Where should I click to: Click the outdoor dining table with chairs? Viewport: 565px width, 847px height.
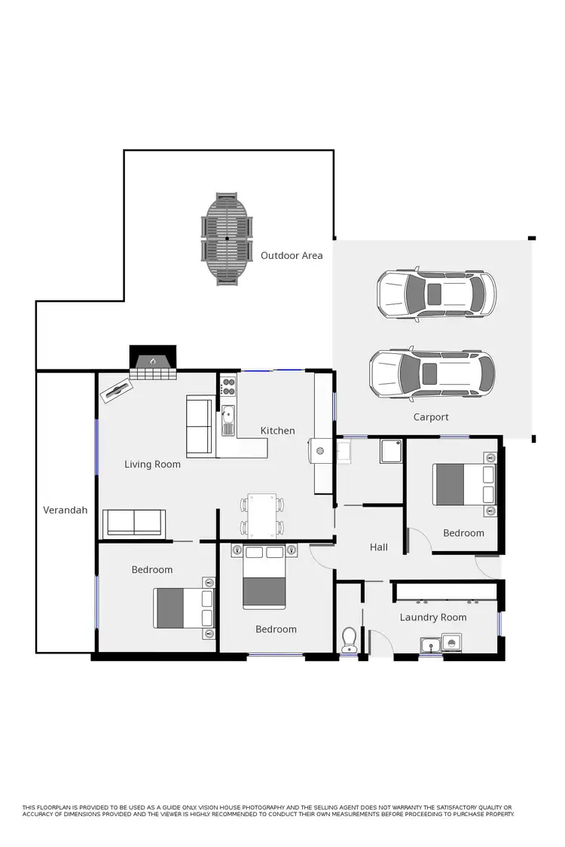coord(228,239)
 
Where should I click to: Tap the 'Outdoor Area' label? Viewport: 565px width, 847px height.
coord(292,256)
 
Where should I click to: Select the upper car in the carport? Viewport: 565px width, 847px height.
coord(436,294)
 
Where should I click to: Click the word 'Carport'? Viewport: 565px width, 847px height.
coord(431,417)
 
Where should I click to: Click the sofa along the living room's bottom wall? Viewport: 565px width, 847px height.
coord(134,523)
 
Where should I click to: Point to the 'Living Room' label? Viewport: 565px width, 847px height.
coord(152,465)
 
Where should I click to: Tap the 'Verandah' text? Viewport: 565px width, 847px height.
coord(65,510)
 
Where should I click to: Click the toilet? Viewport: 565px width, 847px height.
coord(349,640)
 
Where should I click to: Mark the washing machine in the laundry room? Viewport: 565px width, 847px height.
coord(451,643)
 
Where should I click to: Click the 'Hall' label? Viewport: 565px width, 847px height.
coord(379,547)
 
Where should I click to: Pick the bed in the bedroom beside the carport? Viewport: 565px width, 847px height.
coord(464,485)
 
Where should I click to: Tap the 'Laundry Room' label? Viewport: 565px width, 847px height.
coord(433,617)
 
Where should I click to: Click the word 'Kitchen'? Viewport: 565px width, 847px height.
coord(278,431)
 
